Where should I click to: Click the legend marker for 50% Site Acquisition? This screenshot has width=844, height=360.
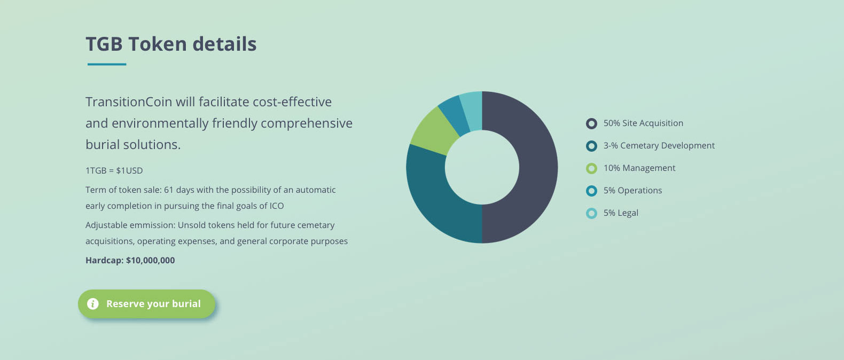591,123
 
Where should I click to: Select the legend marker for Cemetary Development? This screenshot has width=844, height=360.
591,146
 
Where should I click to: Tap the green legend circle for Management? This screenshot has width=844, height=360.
591,168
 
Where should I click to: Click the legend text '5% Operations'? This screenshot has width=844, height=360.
632,191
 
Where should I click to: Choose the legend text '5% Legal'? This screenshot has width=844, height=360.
621,213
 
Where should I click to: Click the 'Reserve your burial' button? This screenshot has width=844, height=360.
146,304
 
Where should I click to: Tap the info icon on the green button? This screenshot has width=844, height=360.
93,303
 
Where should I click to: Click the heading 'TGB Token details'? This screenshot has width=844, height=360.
171,44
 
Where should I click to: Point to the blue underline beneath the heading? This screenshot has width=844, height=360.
107,65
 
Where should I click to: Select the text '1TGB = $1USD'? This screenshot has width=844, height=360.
114,170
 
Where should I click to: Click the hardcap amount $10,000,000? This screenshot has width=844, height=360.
150,260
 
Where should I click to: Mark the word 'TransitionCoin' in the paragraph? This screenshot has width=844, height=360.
129,101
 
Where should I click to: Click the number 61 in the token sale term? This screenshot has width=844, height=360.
169,190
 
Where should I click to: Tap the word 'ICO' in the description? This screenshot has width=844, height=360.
277,206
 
